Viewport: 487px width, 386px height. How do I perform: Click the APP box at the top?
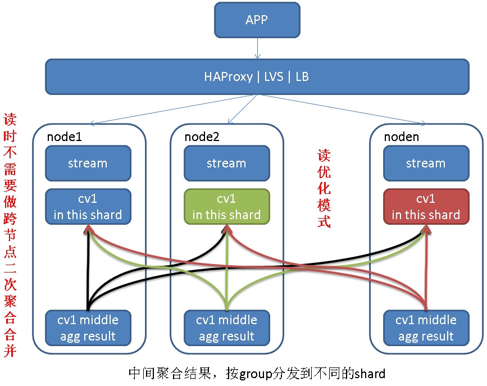(257, 20)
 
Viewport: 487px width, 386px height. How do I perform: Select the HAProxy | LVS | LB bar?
(257, 77)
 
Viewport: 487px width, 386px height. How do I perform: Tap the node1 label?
(64, 137)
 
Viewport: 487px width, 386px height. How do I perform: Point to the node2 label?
(202, 137)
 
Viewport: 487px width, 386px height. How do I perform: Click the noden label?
(401, 137)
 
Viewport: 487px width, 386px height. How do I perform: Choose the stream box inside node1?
(88, 163)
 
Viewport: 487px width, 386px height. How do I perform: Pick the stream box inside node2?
(227, 163)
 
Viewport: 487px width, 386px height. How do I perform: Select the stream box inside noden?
(426, 163)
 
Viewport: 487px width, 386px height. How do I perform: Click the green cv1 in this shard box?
(227, 207)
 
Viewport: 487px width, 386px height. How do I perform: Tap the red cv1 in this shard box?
(426, 207)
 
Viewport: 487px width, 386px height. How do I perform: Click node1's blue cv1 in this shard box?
(88, 207)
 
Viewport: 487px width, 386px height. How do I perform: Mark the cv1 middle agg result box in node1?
(88, 328)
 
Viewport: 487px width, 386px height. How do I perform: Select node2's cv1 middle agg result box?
(227, 328)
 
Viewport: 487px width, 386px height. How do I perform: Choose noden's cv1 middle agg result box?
(426, 328)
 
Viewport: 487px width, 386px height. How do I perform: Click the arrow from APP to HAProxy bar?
(257, 48)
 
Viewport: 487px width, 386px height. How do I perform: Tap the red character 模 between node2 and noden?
(324, 205)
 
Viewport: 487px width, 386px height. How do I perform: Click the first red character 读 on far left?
(10, 120)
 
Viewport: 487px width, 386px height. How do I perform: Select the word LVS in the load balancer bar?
(274, 77)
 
